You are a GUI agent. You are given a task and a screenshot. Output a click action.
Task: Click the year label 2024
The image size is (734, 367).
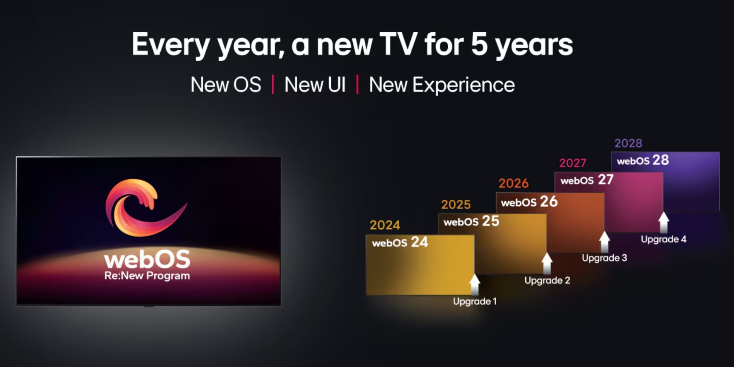385,225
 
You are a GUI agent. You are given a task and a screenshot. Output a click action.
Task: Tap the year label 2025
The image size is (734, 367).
456,204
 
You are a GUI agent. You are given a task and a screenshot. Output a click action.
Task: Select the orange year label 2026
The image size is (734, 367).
513,183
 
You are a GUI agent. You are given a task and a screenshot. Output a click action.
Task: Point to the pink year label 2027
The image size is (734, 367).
573,163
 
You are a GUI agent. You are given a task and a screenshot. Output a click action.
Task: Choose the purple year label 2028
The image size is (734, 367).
628,143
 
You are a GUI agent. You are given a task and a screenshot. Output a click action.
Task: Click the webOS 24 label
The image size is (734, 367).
400,242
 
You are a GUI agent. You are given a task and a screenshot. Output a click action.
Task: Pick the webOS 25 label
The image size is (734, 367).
471,221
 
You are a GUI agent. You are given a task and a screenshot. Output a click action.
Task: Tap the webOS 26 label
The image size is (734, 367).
529,202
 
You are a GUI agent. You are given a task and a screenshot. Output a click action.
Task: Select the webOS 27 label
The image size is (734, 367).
587,180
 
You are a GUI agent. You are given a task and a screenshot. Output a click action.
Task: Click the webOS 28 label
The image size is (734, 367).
643,160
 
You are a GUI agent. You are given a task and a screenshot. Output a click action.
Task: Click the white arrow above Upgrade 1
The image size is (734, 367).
475,284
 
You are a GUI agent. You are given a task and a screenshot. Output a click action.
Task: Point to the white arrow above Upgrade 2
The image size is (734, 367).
547,264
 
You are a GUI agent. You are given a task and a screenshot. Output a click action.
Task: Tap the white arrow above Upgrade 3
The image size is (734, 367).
604,241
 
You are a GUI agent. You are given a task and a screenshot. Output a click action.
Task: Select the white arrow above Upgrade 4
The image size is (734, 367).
664,222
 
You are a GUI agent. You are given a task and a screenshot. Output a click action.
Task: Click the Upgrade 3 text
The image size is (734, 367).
604,258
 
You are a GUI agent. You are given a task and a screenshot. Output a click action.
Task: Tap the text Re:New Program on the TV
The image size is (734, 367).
147,276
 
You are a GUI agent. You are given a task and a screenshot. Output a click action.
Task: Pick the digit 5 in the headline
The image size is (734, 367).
479,44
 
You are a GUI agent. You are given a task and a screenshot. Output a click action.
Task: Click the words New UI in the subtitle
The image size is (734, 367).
315,85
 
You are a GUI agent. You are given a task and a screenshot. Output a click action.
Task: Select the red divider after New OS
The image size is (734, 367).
273,85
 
